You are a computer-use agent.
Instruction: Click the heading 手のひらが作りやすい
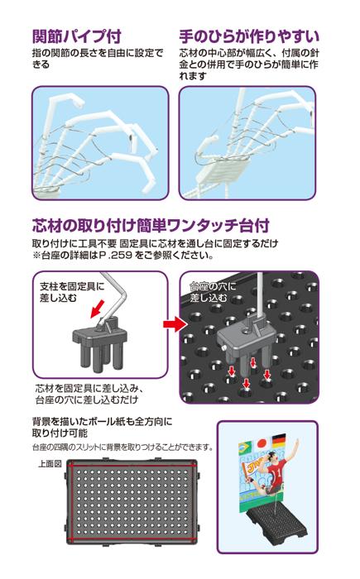click(x=249, y=36)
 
